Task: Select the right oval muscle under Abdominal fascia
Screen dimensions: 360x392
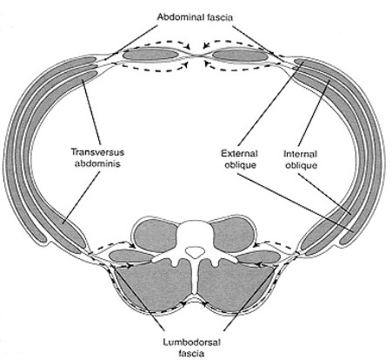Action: click(x=236, y=54)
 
